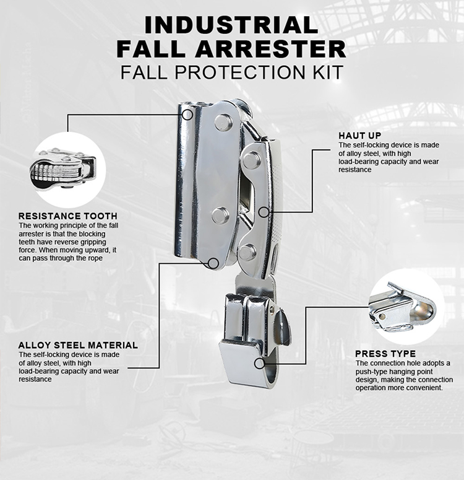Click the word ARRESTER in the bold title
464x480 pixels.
coord(275,48)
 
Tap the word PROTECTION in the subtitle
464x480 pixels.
coord(243,72)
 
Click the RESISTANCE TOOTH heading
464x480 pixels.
coord(64,216)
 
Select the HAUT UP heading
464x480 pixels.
coord(359,135)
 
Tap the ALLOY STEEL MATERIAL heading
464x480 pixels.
coord(78,345)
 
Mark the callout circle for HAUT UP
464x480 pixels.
coord(264,212)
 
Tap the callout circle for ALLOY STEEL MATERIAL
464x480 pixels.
coord(213,263)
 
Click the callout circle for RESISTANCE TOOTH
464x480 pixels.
coord(187,114)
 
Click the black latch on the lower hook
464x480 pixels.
coord(283,326)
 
